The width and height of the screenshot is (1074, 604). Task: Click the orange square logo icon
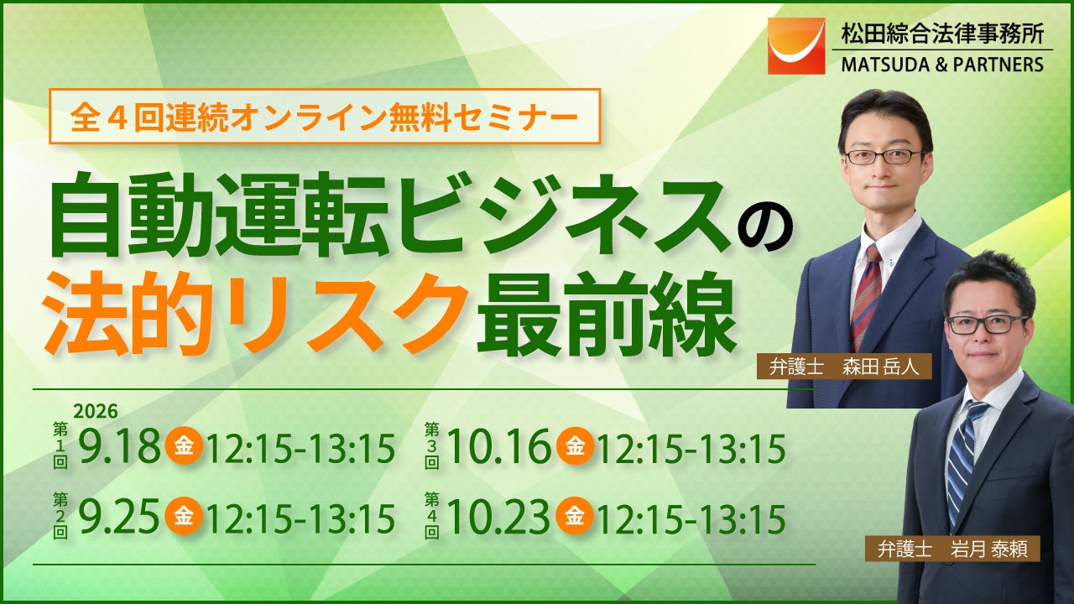tap(796, 46)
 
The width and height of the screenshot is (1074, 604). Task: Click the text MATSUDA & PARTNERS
tap(942, 65)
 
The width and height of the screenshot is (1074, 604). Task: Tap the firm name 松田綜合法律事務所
tap(942, 34)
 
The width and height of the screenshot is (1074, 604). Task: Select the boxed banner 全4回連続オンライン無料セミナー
tap(325, 116)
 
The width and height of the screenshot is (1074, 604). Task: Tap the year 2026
tap(96, 411)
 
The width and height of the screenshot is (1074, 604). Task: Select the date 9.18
tap(119, 447)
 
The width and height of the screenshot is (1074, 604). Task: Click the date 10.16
tap(498, 447)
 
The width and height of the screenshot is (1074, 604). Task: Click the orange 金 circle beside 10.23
tap(575, 516)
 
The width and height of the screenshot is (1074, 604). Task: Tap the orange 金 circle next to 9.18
tap(183, 446)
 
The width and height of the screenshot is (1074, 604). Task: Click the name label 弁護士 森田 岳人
tap(844, 367)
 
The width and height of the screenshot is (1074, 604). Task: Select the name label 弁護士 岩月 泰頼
tap(952, 549)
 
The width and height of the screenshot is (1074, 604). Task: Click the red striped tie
tap(867, 296)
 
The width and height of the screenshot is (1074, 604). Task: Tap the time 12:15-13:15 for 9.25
tap(301, 518)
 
